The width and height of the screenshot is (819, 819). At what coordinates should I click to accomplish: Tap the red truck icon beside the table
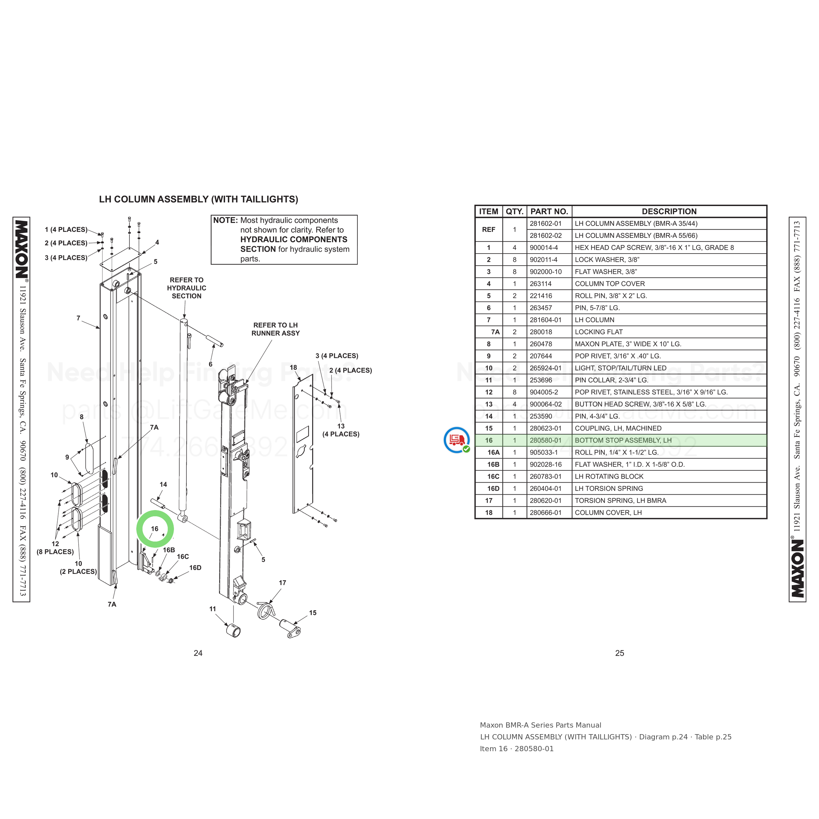click(457, 440)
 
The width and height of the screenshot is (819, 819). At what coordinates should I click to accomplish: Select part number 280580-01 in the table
click(545, 440)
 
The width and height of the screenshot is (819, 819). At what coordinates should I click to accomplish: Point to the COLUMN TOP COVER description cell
click(610, 284)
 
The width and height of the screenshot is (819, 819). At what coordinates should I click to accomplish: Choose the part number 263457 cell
click(541, 308)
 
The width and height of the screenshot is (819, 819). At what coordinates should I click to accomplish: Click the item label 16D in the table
click(493, 488)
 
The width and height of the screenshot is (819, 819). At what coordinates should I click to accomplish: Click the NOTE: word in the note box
click(225, 220)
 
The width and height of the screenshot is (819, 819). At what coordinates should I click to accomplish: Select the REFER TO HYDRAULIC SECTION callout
click(186, 288)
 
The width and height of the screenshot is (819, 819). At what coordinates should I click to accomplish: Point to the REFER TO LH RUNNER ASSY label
click(276, 329)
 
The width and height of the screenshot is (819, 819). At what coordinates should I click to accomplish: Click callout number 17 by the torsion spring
click(282, 583)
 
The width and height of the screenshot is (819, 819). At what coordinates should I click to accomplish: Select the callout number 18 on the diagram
click(293, 368)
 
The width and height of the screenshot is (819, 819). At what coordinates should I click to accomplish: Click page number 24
click(198, 653)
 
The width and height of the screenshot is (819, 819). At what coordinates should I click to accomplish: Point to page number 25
click(619, 653)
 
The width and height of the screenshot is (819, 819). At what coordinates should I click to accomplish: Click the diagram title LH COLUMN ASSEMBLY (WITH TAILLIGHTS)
click(199, 199)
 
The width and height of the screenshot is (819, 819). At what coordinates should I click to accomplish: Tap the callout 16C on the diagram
click(183, 557)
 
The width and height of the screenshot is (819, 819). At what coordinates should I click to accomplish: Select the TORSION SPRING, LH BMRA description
click(620, 501)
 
